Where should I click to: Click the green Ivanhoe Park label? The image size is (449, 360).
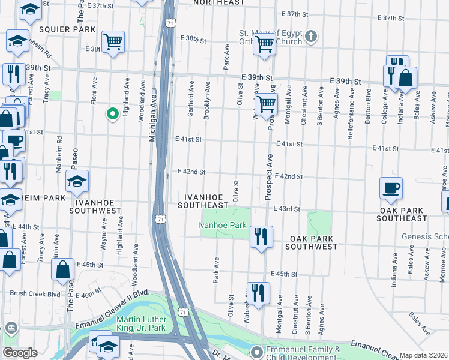[223, 225]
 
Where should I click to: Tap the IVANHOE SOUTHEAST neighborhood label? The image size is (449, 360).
[206, 201]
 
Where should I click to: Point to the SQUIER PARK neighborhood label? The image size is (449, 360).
[67, 29]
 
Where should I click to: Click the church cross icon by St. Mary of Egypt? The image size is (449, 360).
[310, 37]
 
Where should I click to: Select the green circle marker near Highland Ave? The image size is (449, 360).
[112, 113]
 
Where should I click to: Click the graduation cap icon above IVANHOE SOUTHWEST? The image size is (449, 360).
[77, 181]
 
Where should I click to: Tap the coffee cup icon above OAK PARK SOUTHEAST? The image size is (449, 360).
[391, 187]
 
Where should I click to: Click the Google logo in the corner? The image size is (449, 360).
[20, 353]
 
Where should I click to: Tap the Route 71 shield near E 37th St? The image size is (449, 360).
[171, 23]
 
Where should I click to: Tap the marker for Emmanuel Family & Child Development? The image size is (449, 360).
[257, 352]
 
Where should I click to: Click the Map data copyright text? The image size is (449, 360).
[424, 355]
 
